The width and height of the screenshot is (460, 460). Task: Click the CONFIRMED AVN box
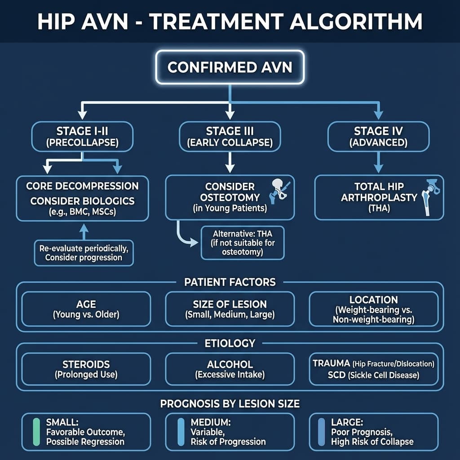click(x=230, y=67)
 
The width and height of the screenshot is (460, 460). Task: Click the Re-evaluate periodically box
click(x=84, y=253)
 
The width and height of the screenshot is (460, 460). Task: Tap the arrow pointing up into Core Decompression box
click(x=83, y=230)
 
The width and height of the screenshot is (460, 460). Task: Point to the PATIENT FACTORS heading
click(x=230, y=282)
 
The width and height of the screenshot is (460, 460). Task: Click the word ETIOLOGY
click(x=230, y=344)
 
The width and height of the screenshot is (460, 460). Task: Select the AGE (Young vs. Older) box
click(x=86, y=309)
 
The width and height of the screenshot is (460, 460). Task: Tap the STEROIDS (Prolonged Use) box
click(x=86, y=369)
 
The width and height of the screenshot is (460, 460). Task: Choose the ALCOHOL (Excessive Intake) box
click(x=230, y=369)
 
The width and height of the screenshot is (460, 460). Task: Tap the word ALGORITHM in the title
click(x=357, y=22)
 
